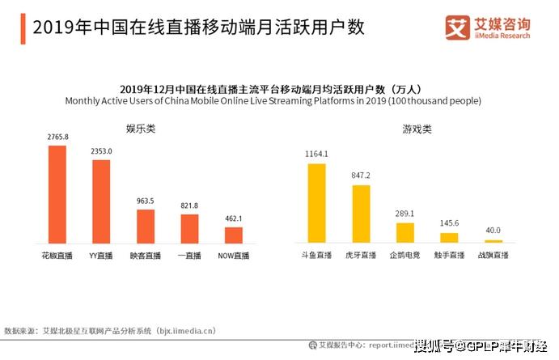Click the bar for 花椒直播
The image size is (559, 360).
point(57,194)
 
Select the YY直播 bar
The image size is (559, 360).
point(100,201)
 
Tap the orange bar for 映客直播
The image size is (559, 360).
point(145,227)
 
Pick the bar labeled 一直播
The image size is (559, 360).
point(189,229)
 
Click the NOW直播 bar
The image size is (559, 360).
point(234,235)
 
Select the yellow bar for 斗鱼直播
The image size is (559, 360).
point(316,203)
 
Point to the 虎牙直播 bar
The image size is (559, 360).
point(361,214)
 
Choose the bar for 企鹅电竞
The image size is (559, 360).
point(404,233)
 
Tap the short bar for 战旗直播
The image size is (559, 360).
point(493,241)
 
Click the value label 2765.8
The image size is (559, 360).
point(57,138)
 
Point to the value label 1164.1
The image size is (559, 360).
point(316,155)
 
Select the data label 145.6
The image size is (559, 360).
point(449,224)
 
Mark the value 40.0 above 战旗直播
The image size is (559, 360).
point(493,231)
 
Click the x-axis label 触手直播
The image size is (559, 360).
point(449,256)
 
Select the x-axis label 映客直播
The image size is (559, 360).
point(145,256)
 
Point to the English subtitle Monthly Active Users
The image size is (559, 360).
point(273,101)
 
